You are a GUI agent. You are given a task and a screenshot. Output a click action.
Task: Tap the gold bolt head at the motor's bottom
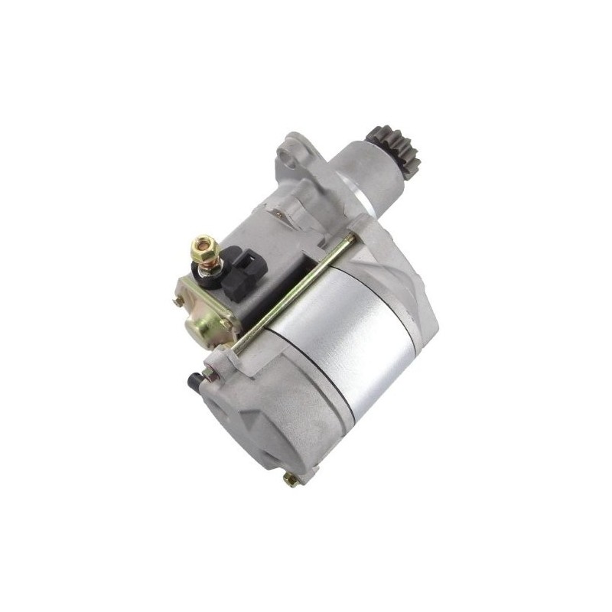click(x=289, y=480)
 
